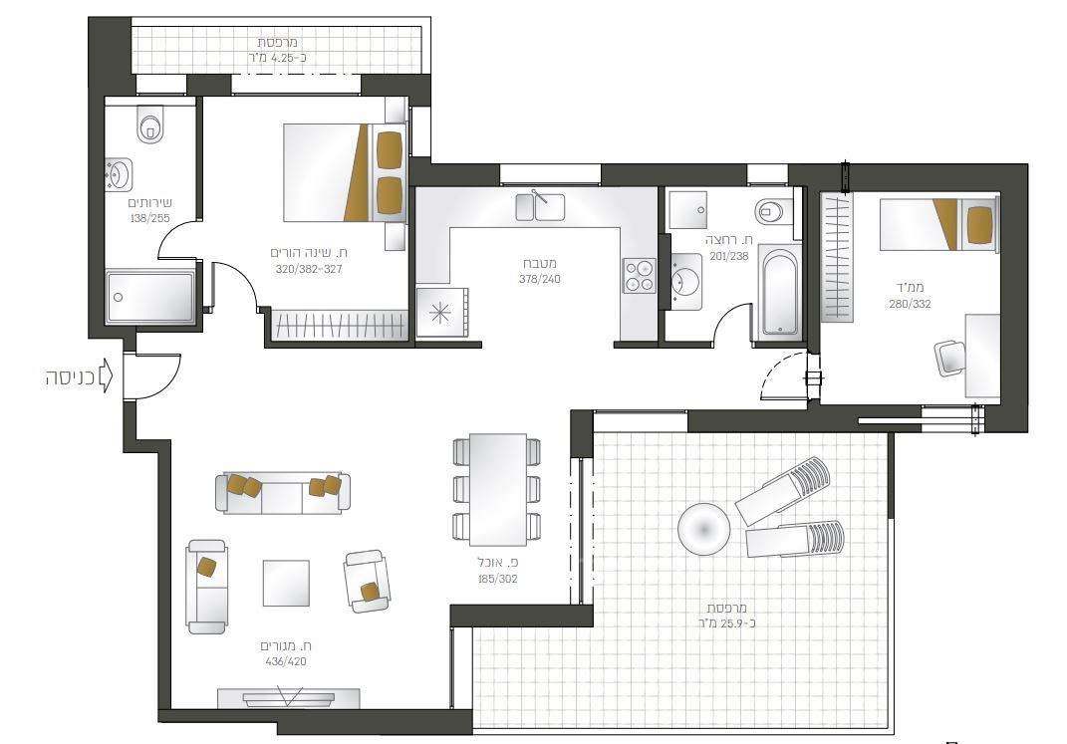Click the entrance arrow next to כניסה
106,376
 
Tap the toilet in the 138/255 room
149,124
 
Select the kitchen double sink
540,207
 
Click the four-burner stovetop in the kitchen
640,276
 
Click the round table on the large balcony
703,530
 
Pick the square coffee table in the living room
286,583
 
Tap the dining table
498,490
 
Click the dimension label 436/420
286,661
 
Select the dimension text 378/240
540,279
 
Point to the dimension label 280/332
910,304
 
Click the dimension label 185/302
497,579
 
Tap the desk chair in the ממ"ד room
950,357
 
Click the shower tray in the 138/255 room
150,297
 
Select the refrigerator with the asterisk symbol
441,312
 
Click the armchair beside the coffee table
368,581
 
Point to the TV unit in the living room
289,698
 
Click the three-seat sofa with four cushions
283,493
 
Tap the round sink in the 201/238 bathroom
684,281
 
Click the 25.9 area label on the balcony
726,622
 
